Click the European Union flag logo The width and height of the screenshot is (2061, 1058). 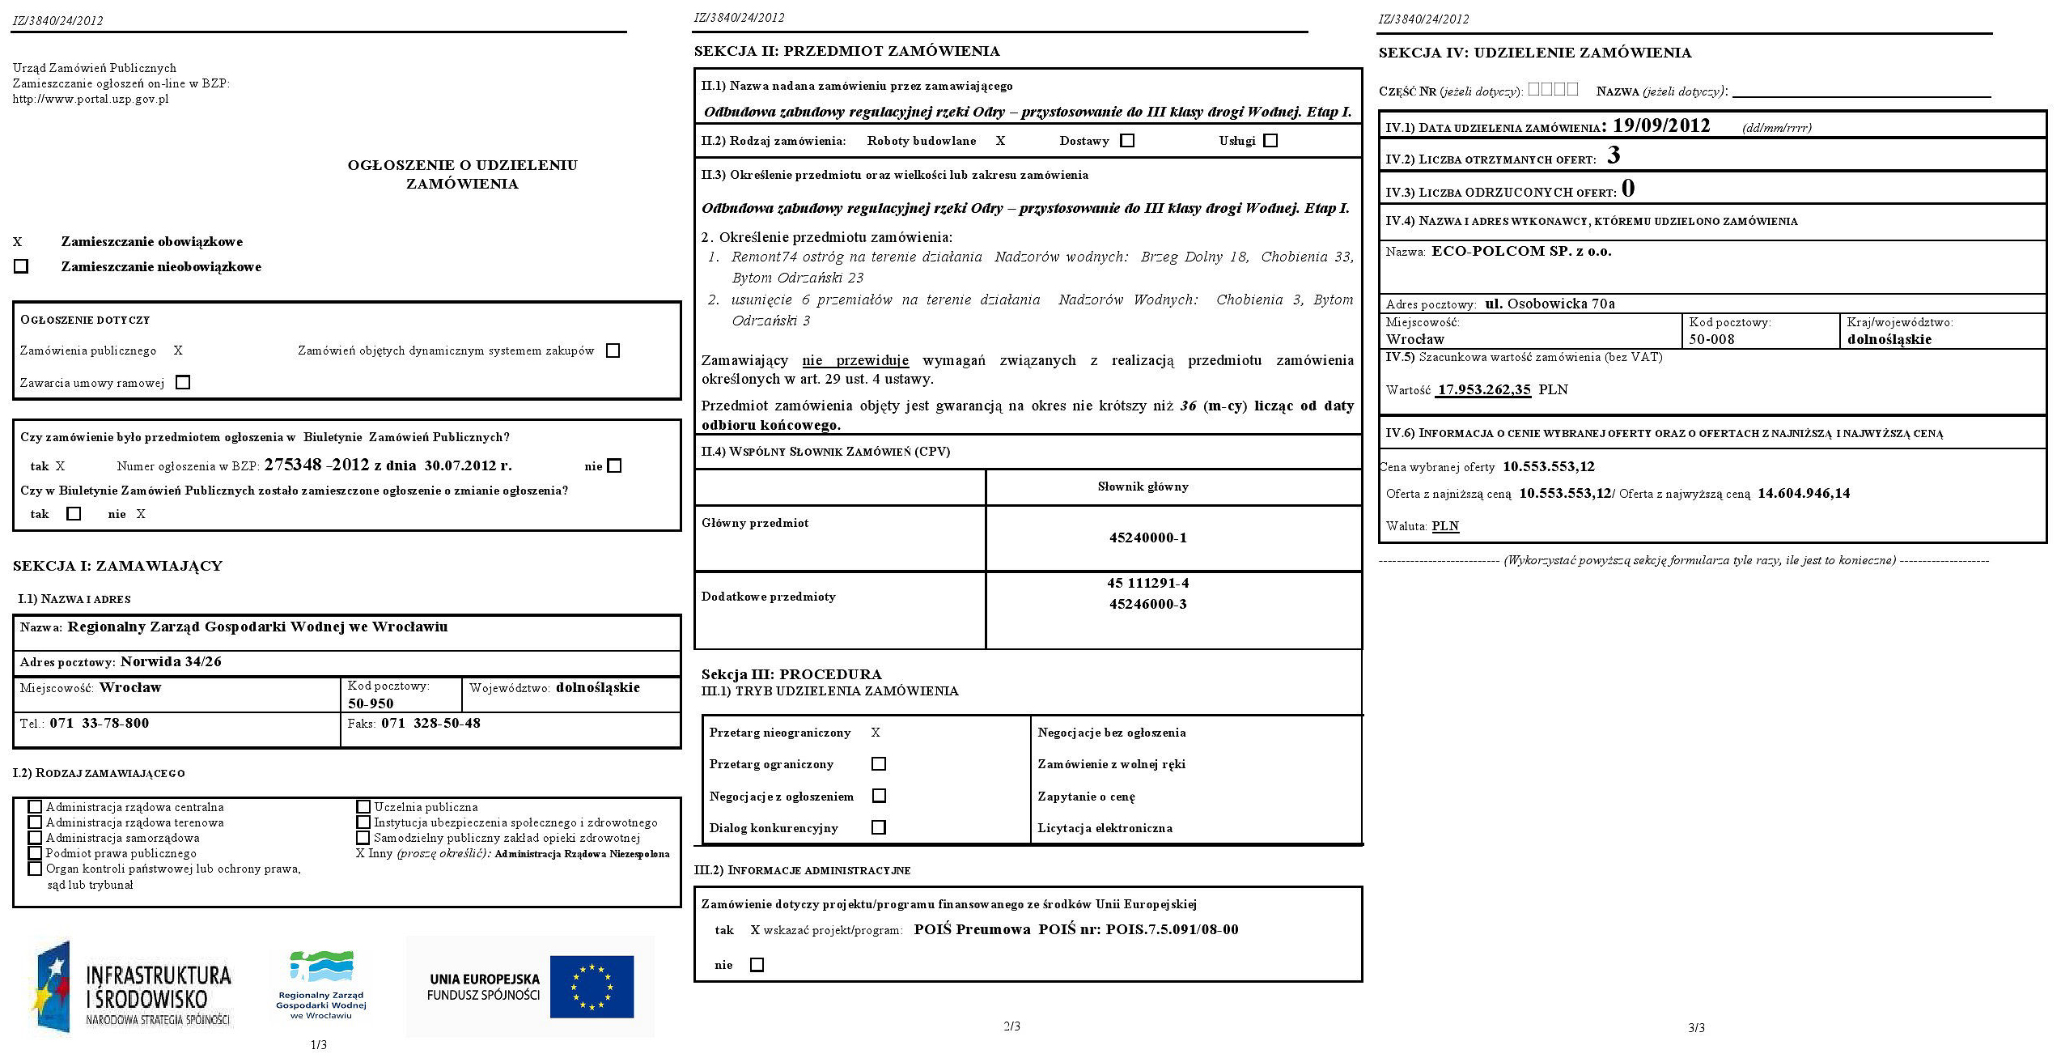point(592,986)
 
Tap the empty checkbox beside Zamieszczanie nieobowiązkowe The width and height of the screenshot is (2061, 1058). point(21,266)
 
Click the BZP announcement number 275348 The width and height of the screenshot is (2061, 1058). point(293,465)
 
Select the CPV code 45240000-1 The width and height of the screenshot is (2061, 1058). point(1147,537)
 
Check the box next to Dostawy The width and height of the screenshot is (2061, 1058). point(1127,141)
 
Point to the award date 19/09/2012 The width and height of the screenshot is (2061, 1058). point(1660,126)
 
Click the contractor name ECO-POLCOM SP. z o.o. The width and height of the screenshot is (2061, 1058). point(1521,251)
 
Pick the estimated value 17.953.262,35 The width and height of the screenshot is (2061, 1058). point(1484,389)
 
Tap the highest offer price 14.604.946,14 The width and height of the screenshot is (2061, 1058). point(1804,493)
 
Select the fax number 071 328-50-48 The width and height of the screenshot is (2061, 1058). point(430,723)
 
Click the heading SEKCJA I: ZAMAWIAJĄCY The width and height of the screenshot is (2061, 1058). point(117,566)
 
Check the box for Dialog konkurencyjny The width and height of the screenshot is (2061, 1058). point(879,827)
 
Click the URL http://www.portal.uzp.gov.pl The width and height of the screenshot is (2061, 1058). point(91,100)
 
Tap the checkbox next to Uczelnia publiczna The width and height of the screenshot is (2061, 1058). point(363,807)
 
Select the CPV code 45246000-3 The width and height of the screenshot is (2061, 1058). point(1147,604)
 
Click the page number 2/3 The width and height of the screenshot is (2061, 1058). point(1011,1026)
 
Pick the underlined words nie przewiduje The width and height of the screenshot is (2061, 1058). point(855,360)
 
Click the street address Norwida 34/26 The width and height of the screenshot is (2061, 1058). point(171,661)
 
